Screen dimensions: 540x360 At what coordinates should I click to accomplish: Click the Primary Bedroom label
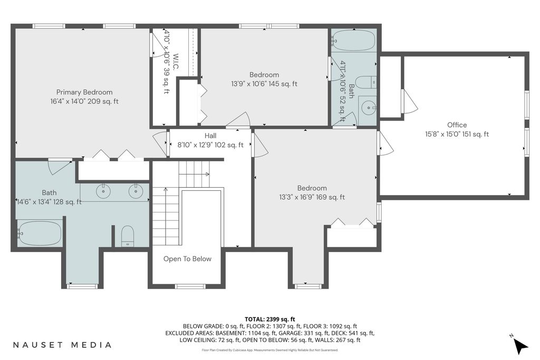pos(84,92)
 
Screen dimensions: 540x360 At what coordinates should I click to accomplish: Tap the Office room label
pos(457,125)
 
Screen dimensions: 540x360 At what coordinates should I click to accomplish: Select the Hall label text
pos(210,135)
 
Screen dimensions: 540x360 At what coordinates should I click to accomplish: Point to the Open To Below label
pos(187,259)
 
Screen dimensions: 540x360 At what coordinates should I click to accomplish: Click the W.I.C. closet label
pos(176,62)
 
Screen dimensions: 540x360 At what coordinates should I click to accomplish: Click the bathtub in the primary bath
pos(40,233)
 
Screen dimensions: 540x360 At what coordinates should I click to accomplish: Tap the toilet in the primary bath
pos(128,236)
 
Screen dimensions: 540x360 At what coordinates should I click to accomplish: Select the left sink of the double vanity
pos(103,191)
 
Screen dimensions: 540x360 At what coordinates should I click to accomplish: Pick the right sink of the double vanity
pos(136,191)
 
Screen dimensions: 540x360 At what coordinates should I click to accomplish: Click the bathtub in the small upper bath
pos(353,40)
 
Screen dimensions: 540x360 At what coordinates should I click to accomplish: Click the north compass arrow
pos(520,345)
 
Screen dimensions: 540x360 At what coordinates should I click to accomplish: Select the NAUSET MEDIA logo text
pos(62,345)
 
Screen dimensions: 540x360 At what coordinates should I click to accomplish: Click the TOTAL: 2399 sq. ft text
pos(269,319)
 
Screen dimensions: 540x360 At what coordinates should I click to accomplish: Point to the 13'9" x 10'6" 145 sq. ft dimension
pos(264,84)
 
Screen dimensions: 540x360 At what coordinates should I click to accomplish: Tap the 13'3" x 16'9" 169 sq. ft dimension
pos(312,197)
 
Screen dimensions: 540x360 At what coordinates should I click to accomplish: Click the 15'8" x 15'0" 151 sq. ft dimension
pos(457,134)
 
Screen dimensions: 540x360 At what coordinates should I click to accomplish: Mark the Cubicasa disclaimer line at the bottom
pos(269,350)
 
